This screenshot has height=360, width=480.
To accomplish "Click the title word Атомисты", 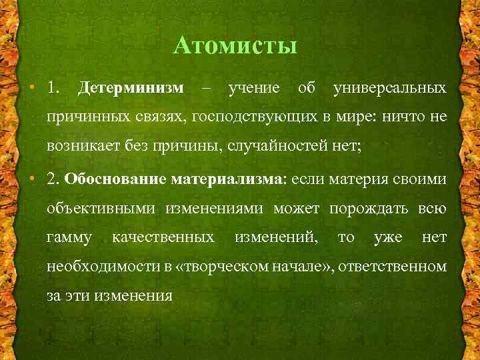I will [234, 46].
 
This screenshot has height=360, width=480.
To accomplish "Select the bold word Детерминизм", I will [131, 87].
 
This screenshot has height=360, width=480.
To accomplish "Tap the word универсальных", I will [390, 87].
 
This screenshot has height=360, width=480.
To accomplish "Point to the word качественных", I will [163, 237].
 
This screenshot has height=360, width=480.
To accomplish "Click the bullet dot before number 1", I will [32, 88].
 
